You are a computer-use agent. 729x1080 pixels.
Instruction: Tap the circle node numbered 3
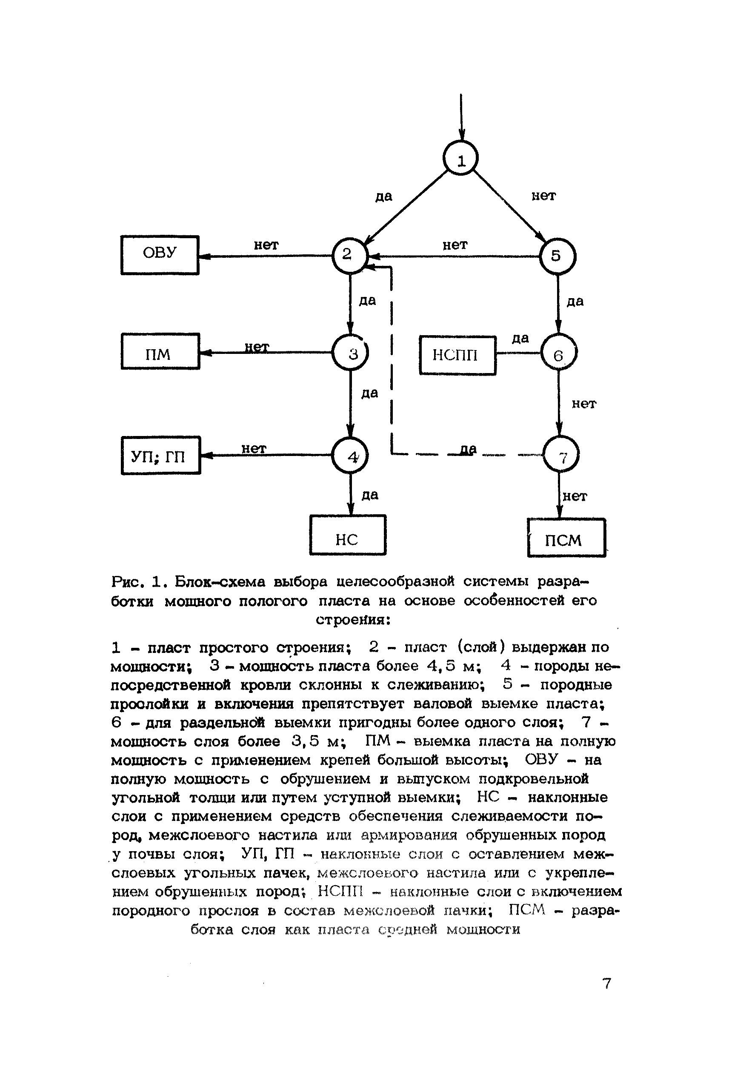click(x=350, y=353)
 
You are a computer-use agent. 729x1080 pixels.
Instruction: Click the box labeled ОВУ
click(x=160, y=255)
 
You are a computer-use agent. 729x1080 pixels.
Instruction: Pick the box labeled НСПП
click(x=457, y=355)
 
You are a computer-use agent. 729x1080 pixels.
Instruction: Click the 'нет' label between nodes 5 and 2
click(x=455, y=245)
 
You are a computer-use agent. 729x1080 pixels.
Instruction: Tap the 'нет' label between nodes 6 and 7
click(x=583, y=404)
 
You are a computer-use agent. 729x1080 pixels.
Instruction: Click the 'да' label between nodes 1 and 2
click(x=383, y=197)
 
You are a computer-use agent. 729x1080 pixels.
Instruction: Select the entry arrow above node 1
click(x=461, y=116)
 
